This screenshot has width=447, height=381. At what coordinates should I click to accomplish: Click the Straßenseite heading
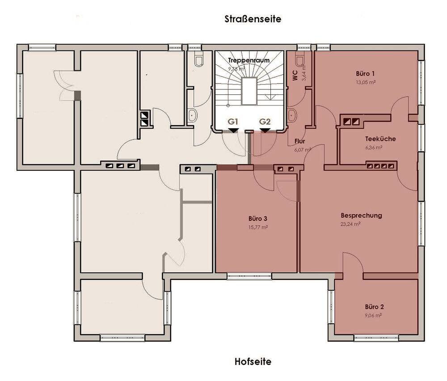coord(253,19)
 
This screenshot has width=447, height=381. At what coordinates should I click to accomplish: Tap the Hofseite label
coord(253,362)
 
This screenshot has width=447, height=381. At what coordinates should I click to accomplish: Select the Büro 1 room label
coord(365,74)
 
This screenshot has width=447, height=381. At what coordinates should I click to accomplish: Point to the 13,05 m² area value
coord(365,82)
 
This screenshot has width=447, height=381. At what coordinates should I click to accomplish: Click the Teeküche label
coord(380,139)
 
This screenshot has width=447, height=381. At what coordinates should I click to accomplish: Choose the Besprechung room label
coord(361,216)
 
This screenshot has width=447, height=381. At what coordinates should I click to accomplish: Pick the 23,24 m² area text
coord(350,224)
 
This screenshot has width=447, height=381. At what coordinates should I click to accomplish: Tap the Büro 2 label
coord(374,307)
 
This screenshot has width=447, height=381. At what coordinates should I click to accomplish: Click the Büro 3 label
coord(258,219)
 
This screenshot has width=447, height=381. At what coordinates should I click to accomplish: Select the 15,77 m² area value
coord(258,227)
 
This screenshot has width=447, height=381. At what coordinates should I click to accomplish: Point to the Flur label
coord(299,141)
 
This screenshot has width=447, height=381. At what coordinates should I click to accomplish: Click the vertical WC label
coord(295,76)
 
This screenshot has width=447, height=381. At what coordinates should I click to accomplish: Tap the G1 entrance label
coord(233,122)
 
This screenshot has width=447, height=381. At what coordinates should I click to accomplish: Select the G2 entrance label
coord(265,122)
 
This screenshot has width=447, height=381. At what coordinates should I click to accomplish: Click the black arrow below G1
coord(233,131)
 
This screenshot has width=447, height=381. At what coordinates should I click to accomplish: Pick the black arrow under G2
coord(265,131)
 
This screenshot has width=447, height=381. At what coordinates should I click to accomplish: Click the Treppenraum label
coord(249,60)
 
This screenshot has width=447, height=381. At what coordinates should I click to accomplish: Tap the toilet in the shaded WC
coord(300,59)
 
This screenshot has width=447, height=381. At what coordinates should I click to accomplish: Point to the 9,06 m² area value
coord(373,315)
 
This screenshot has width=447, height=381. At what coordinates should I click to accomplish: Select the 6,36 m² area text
coord(374,148)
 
